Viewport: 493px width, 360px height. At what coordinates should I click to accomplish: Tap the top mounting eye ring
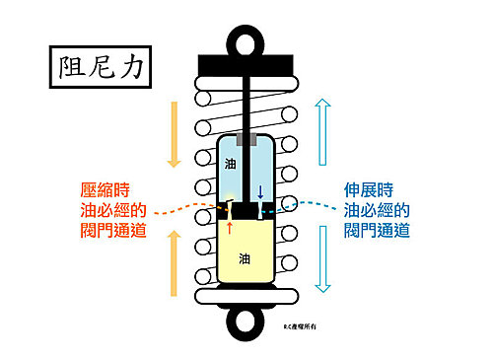point(246,37)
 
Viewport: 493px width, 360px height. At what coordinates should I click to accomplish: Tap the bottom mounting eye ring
point(246,322)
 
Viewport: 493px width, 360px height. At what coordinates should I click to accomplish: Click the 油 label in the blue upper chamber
point(231,162)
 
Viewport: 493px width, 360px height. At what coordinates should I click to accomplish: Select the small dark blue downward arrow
point(260,192)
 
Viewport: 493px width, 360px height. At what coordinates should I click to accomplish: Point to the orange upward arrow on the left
point(174,261)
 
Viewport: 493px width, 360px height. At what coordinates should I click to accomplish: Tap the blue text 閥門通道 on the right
point(377,231)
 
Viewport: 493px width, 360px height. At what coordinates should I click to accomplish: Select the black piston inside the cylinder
point(246,209)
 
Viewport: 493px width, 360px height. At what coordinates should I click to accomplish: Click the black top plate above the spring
point(246,63)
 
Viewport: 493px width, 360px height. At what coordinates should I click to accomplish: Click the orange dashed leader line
point(187,210)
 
